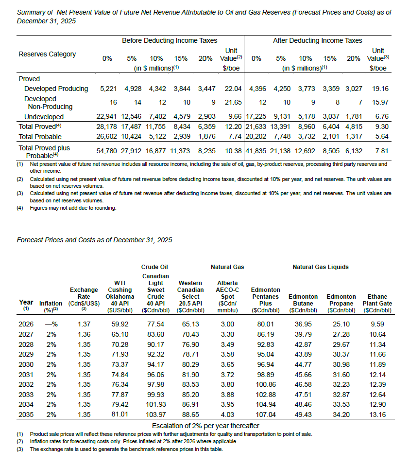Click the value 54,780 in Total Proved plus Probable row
point(107,151)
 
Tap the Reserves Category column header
point(47,54)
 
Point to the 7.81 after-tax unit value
point(381,151)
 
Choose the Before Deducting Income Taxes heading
point(170,40)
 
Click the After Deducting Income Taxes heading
point(318,40)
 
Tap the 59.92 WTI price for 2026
point(119,324)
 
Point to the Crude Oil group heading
point(154,267)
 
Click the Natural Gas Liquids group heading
point(321,267)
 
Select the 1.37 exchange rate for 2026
point(85,324)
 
